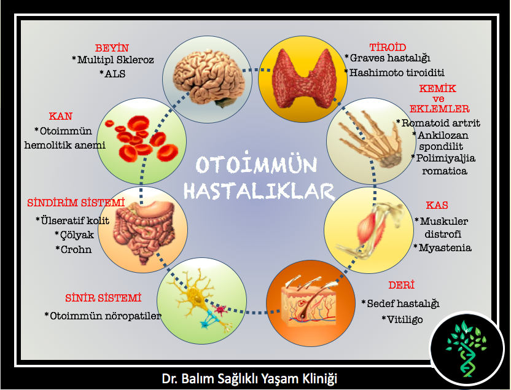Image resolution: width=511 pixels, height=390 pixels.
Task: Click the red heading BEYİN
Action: point(112,48)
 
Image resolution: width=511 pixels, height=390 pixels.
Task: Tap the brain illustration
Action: point(209,79)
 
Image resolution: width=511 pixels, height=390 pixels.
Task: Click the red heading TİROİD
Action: point(388,47)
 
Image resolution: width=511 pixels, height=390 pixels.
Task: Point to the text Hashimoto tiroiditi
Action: point(397,72)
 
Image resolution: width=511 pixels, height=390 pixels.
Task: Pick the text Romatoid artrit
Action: point(440,123)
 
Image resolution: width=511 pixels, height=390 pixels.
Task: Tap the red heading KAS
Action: point(437,205)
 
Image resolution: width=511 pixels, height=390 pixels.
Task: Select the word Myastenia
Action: point(445,248)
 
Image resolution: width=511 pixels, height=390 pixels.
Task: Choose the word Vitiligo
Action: point(405,319)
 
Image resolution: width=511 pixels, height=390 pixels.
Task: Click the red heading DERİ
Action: point(401,285)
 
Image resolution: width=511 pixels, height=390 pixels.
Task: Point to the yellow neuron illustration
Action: point(200,300)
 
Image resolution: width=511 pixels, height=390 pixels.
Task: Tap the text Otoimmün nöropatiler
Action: point(106,316)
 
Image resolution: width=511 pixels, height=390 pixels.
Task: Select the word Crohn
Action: point(76,249)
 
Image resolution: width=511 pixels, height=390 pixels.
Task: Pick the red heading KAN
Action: point(61,116)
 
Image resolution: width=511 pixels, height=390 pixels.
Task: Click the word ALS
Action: point(115,74)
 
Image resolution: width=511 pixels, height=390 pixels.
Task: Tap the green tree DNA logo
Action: point(466,349)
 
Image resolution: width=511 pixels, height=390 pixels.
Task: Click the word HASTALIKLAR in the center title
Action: point(259,190)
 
